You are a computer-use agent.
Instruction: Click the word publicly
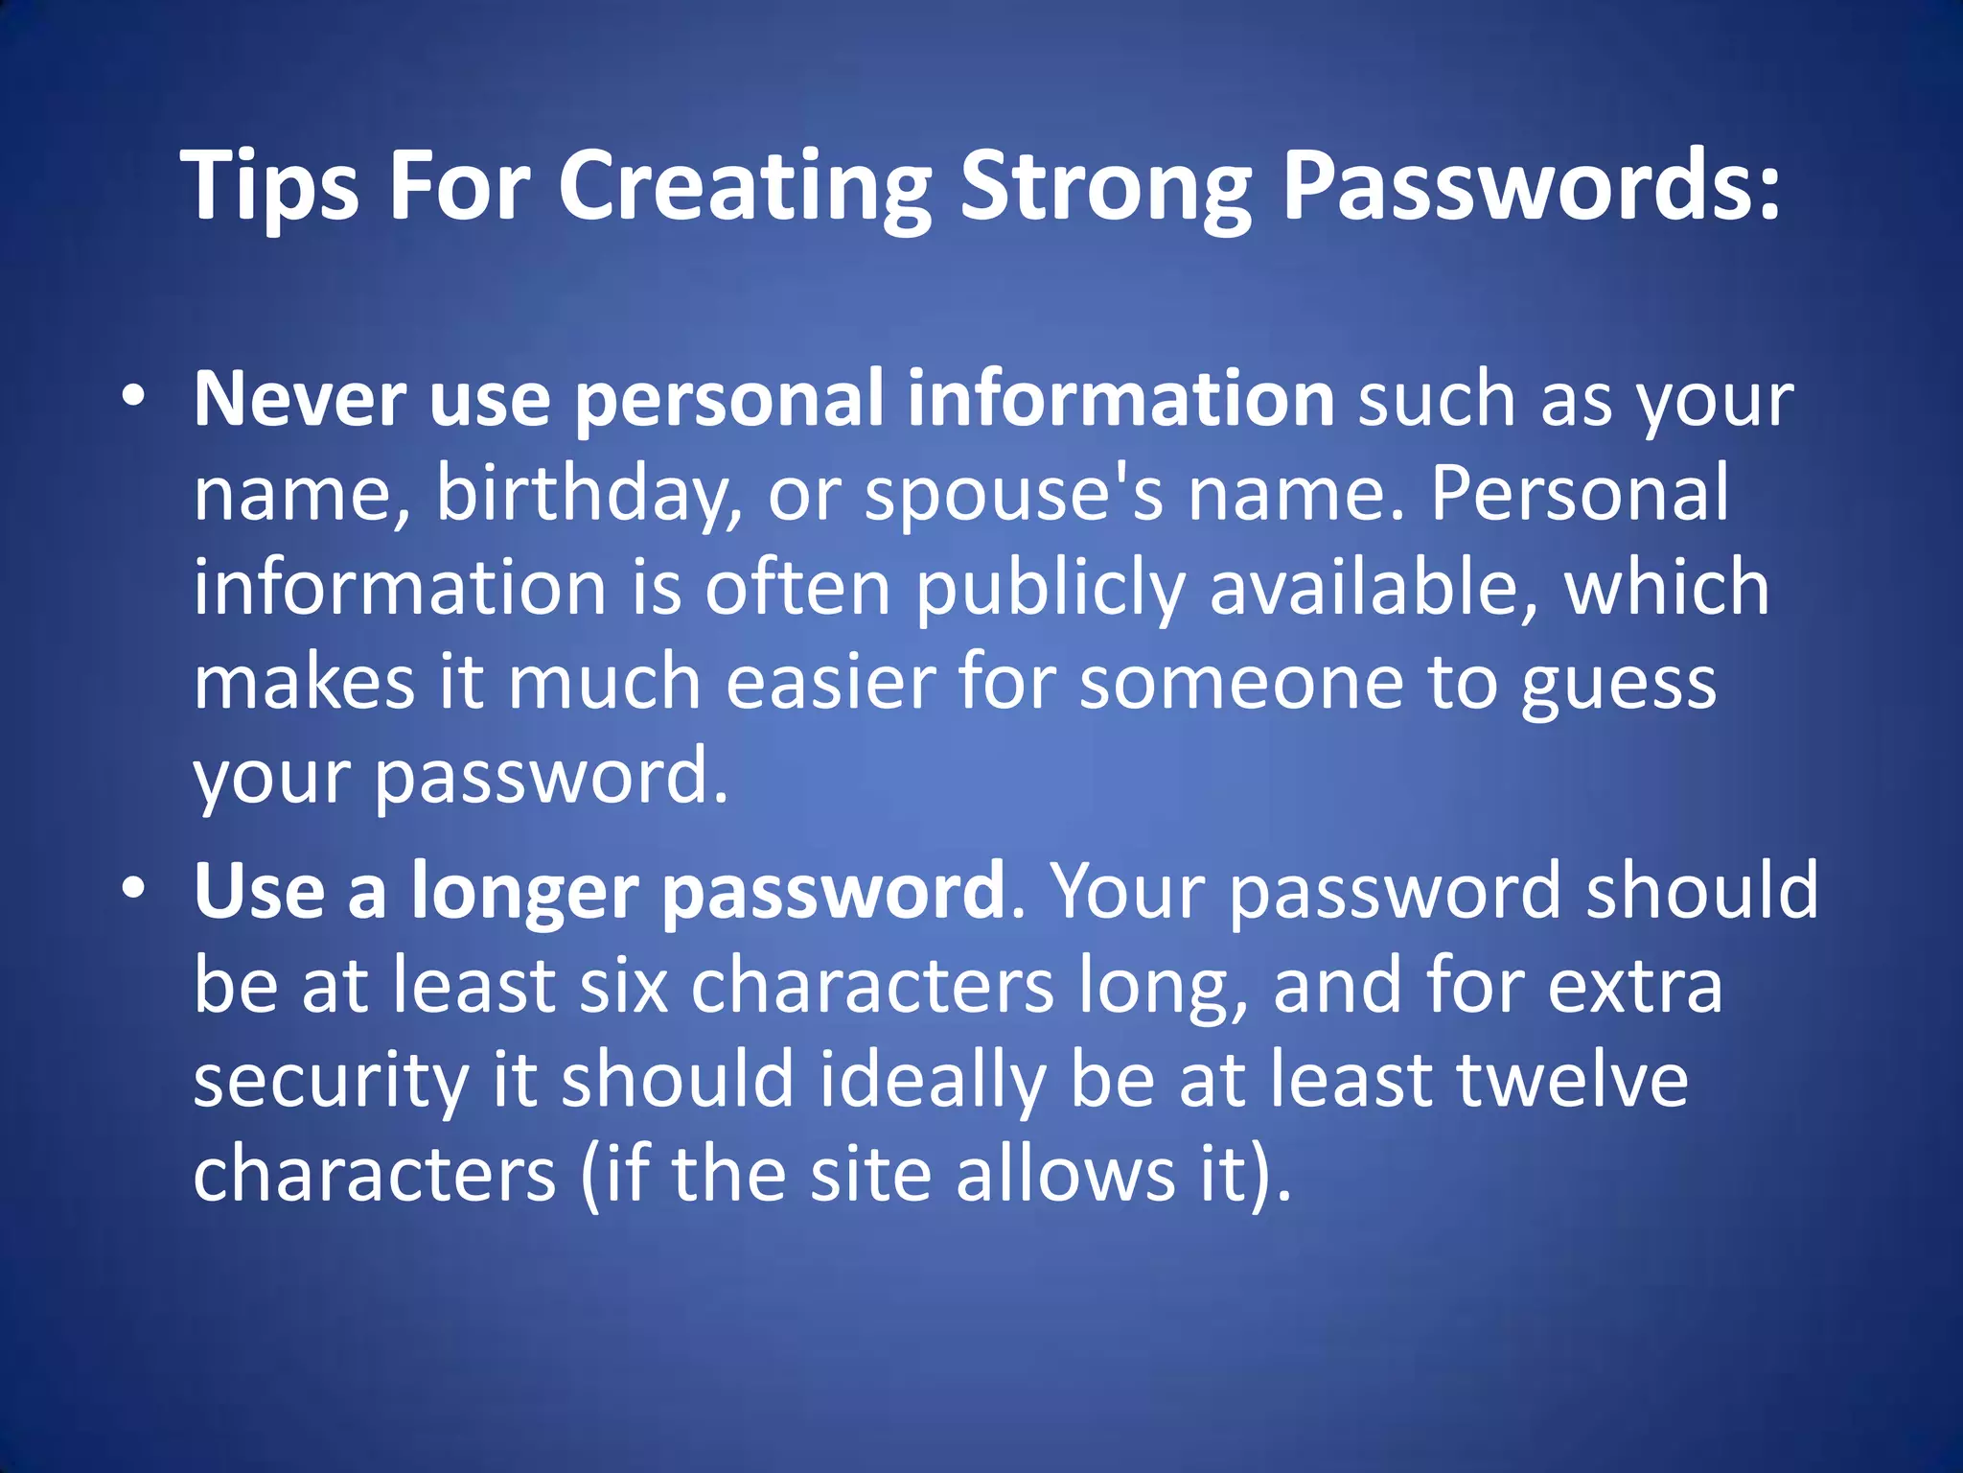click(x=1051, y=589)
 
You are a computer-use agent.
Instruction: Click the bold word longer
click(x=524, y=892)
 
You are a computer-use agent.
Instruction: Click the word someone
click(x=1241, y=682)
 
